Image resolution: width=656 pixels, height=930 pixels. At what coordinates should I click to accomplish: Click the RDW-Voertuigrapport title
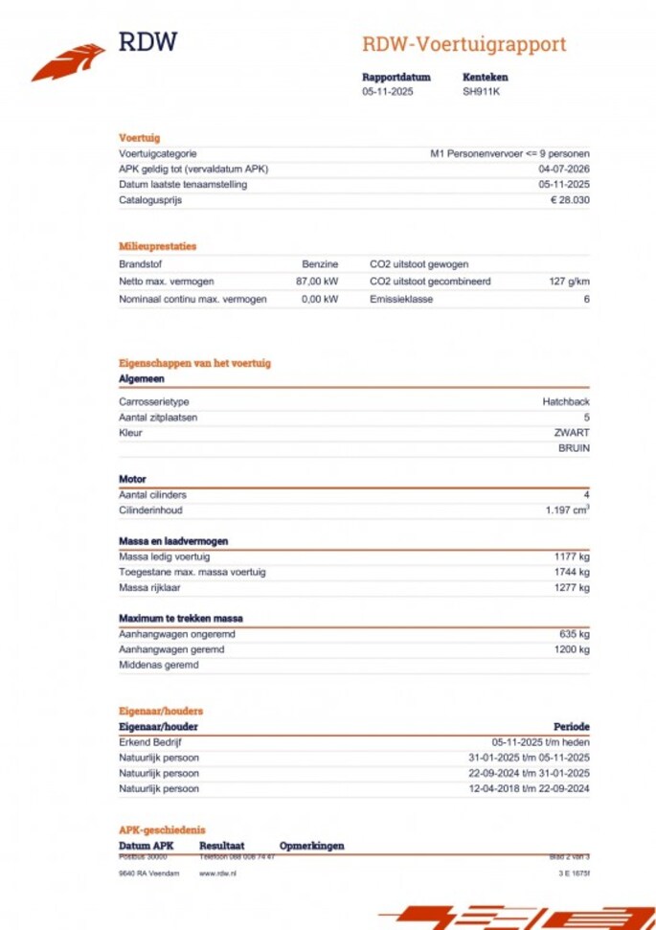click(464, 44)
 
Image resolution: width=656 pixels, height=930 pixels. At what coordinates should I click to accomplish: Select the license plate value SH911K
click(481, 92)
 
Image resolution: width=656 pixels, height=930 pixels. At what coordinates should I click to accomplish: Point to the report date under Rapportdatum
click(388, 92)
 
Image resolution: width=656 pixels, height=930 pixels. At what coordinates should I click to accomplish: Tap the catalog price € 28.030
click(570, 200)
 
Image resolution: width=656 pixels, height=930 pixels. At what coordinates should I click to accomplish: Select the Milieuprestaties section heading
click(157, 246)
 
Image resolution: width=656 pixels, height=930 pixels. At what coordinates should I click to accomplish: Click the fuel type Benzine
click(320, 263)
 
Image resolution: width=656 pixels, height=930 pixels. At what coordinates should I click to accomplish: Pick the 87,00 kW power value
click(317, 282)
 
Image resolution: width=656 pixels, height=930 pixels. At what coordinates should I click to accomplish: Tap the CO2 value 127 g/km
click(570, 282)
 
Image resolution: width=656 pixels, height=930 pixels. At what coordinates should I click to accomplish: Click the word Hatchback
click(566, 402)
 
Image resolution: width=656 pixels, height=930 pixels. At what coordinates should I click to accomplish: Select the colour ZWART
click(572, 433)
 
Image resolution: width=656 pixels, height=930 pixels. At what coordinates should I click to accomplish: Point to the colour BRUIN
click(574, 447)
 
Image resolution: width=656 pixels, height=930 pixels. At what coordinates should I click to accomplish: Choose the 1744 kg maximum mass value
click(572, 572)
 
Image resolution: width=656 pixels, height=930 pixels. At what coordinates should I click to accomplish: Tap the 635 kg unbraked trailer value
click(575, 634)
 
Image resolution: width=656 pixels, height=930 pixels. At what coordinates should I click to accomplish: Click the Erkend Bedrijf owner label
click(150, 742)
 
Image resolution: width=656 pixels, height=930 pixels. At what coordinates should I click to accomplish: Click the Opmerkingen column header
click(311, 846)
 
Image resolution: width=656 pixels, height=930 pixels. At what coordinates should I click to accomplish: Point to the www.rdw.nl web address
click(217, 873)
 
